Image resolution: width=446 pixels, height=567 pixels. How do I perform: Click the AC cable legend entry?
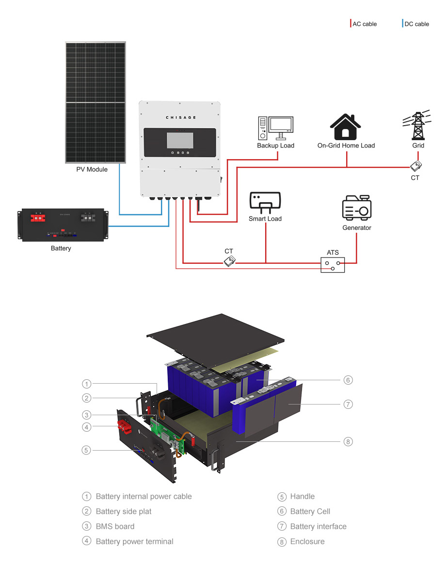(x=364, y=24)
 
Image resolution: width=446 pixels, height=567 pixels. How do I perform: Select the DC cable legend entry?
(x=416, y=24)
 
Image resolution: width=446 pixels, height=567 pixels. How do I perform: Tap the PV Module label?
(x=92, y=170)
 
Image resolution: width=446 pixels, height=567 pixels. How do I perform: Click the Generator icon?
(x=357, y=208)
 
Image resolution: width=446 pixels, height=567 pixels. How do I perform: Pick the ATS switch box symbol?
(x=333, y=264)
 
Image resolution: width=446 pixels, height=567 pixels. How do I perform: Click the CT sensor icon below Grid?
(x=415, y=166)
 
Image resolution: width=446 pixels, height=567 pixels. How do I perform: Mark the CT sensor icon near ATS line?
(x=229, y=261)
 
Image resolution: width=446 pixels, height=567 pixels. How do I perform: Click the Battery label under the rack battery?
(x=61, y=248)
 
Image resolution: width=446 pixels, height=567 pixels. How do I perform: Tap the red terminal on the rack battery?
(x=36, y=218)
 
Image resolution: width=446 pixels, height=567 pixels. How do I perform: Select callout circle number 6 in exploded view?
(x=348, y=380)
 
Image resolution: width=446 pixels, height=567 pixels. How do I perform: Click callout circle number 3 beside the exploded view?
(x=86, y=415)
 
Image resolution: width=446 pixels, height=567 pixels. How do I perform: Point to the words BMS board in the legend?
(x=115, y=526)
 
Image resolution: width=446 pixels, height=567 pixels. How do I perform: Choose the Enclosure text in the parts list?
(x=307, y=541)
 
